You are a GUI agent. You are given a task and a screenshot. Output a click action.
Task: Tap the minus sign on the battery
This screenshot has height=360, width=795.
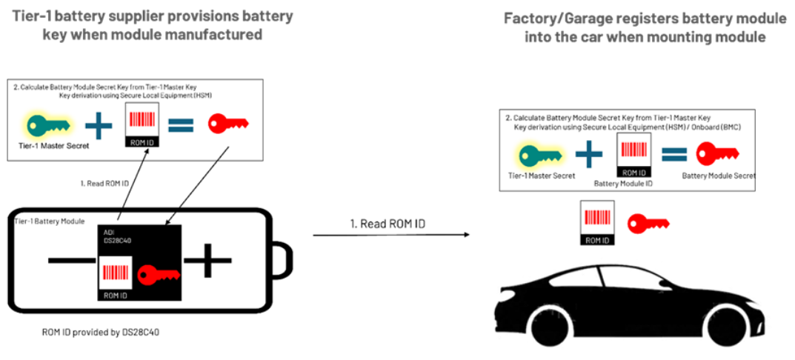(71, 261)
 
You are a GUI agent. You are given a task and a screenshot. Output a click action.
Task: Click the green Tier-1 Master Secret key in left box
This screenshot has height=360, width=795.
(44, 124)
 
